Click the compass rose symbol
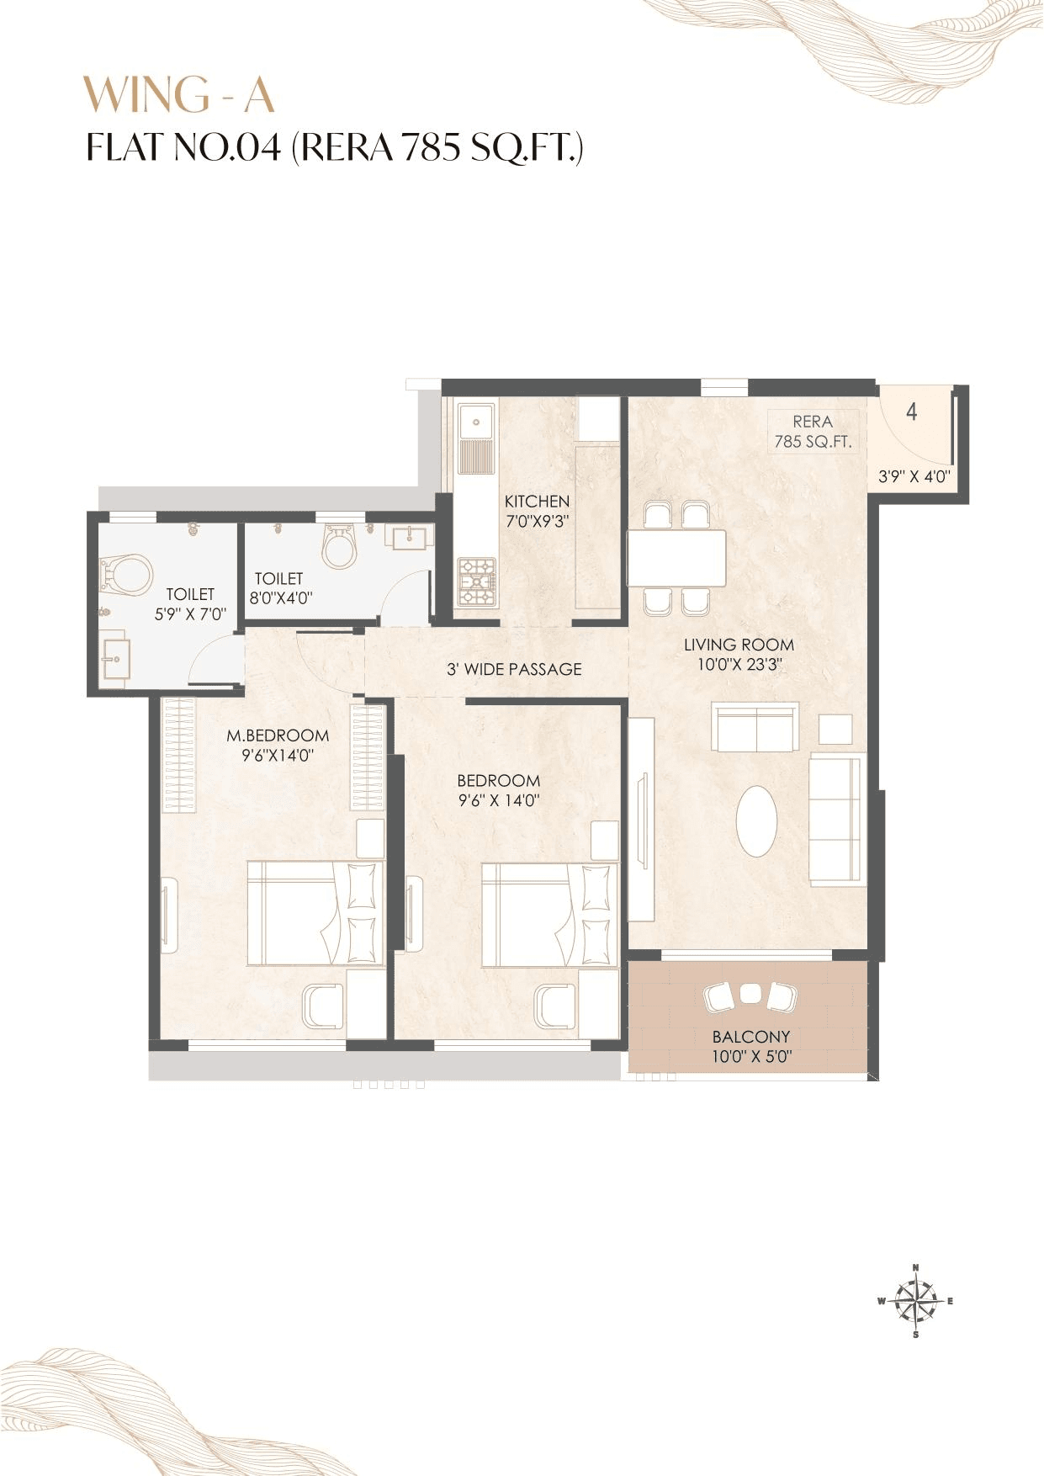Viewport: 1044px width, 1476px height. point(916,1300)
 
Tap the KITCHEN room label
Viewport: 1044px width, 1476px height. point(537,501)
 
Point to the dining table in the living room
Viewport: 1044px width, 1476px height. point(676,558)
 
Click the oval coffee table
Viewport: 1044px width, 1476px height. point(756,821)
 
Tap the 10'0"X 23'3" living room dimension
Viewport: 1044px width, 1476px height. point(739,665)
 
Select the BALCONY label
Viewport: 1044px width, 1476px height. point(750,1037)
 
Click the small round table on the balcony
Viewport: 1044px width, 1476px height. point(750,994)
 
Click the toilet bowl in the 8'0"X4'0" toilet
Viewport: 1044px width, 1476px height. point(340,547)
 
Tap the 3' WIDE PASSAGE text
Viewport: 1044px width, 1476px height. point(514,669)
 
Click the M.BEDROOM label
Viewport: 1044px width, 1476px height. point(278,735)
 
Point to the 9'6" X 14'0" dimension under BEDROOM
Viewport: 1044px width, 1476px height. point(498,800)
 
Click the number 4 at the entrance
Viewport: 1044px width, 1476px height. point(912,411)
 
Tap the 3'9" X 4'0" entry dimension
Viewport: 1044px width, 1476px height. point(914,476)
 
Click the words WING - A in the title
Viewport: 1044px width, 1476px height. point(179,94)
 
